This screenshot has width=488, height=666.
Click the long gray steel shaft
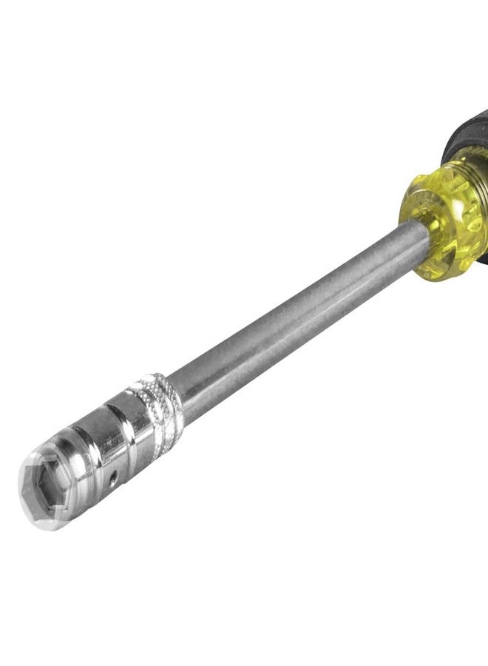pos(296,311)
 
